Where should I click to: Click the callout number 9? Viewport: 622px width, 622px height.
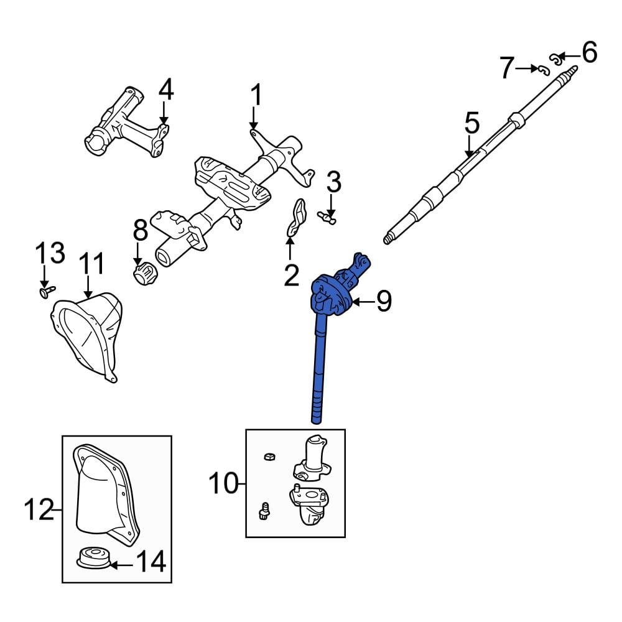click(384, 302)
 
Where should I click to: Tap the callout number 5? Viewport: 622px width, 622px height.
click(472, 124)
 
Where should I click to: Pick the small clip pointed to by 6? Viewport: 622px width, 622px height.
click(555, 59)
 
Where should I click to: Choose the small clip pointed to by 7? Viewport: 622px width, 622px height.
click(543, 69)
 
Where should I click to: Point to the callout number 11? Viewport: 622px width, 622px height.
click(93, 264)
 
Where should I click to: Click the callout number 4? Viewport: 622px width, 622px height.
click(165, 91)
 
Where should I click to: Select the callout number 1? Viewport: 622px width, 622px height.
click(256, 96)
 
